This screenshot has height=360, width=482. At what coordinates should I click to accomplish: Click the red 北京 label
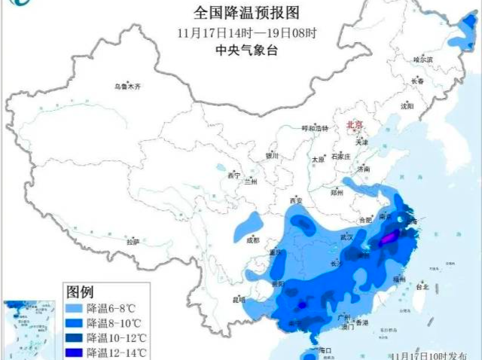click(353, 124)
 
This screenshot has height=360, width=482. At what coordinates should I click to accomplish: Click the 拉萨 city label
click(133, 243)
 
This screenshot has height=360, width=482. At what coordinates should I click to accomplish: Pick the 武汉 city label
click(348, 236)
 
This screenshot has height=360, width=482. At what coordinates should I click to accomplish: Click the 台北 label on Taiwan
click(422, 287)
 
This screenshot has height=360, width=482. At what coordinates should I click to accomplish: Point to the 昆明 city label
click(239, 300)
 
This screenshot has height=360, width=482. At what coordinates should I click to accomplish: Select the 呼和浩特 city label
click(315, 128)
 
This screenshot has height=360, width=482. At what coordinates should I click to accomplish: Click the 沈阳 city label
click(407, 106)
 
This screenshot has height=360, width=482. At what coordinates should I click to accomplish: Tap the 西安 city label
click(295, 201)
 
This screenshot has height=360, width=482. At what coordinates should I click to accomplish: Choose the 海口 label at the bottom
click(325, 351)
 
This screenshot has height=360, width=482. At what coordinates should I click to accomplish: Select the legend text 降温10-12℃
click(116, 337)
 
